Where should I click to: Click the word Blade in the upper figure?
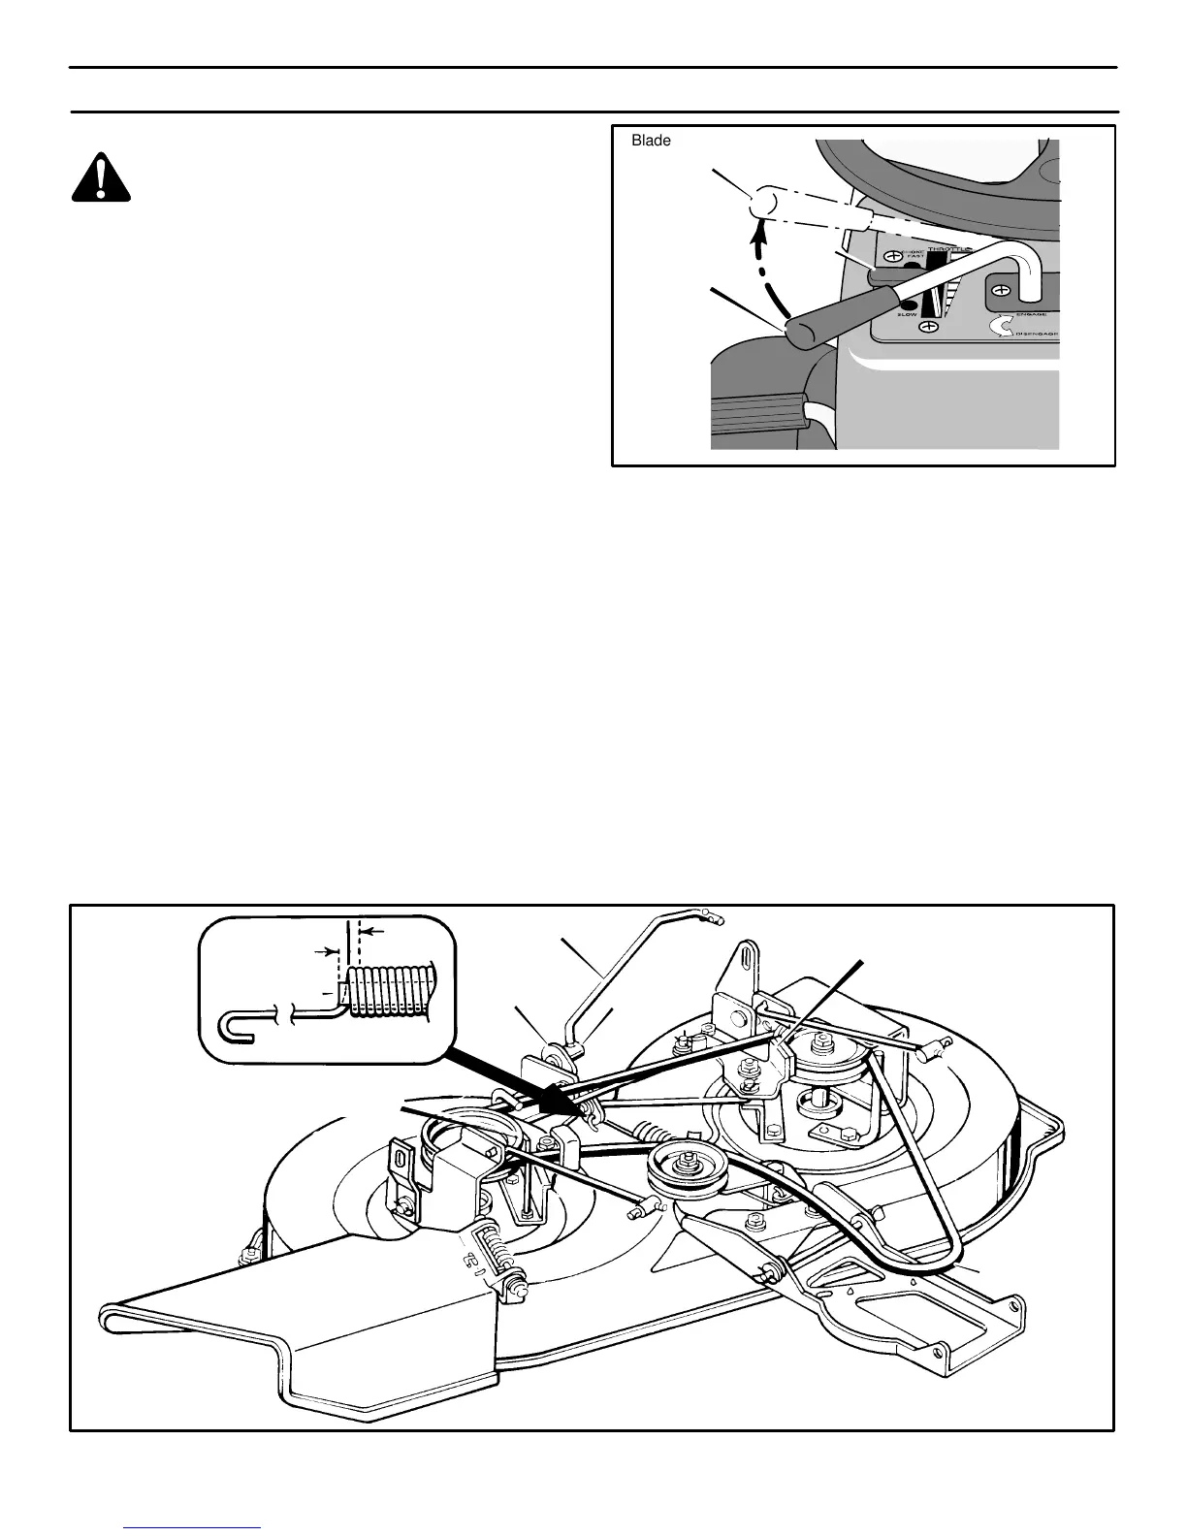(x=651, y=141)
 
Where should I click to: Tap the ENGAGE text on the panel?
(x=1036, y=315)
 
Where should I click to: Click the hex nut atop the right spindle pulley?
(x=823, y=1041)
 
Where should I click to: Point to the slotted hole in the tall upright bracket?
(x=749, y=952)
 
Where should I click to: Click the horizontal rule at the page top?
(x=593, y=67)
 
